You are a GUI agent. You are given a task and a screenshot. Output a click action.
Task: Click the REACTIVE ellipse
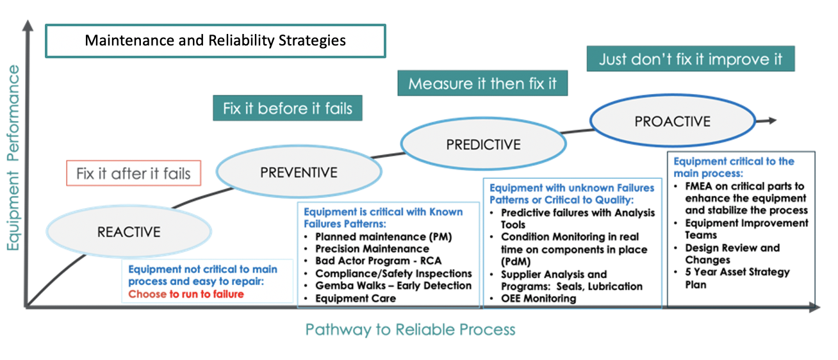[x=129, y=232]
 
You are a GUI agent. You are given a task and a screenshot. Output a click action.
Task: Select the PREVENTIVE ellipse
[x=299, y=172]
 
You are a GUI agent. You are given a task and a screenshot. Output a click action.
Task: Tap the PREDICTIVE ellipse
[x=483, y=144]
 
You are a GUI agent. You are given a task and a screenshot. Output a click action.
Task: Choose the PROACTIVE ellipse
[x=672, y=122]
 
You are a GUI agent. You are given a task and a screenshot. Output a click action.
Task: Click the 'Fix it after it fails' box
[x=133, y=174]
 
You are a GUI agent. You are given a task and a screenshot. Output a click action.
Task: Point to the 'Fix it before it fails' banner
[x=288, y=108]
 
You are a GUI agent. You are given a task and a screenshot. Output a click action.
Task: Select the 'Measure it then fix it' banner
[x=483, y=84]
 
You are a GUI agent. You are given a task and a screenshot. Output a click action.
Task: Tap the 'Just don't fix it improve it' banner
[x=691, y=60]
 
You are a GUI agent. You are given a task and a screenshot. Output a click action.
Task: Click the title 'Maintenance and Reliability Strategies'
[x=215, y=41]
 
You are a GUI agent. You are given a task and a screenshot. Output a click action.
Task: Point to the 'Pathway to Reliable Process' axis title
[x=410, y=330]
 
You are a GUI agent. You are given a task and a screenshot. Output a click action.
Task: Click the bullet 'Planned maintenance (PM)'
[x=383, y=236]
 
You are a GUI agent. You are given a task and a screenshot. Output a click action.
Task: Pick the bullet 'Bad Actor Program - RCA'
[x=379, y=261]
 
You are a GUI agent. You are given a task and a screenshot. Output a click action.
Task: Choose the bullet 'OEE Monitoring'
[x=538, y=299]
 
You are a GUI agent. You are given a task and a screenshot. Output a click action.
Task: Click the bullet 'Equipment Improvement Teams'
[x=746, y=229]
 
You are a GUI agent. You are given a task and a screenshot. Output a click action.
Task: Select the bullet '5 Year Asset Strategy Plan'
[x=737, y=278]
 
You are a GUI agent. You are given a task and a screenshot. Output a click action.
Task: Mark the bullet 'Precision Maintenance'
[x=372, y=249]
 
